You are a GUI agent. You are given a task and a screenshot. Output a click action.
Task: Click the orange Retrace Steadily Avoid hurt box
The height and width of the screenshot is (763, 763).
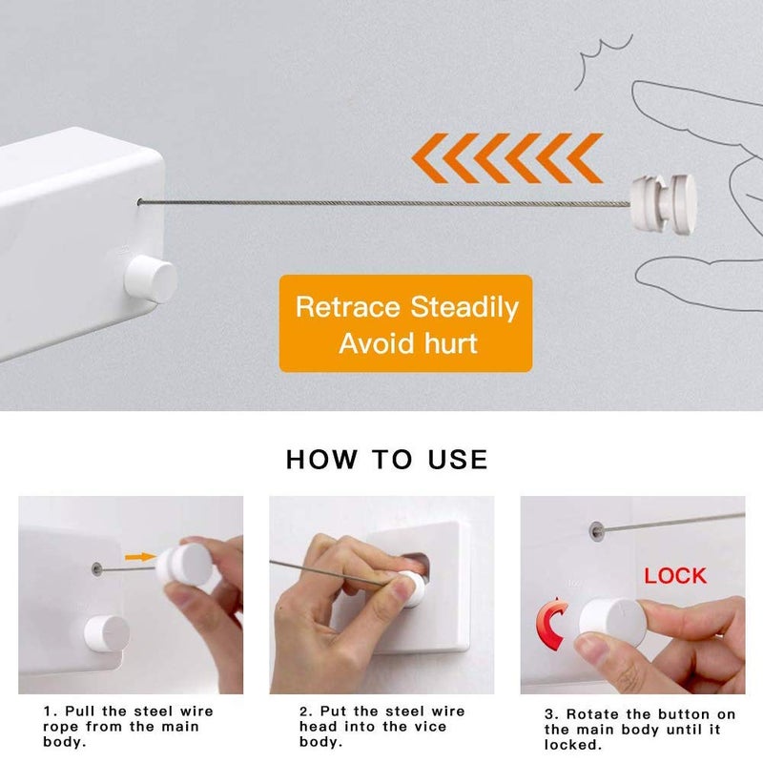click(x=405, y=323)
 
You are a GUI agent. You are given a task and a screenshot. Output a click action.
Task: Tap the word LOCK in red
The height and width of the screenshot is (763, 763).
click(x=674, y=576)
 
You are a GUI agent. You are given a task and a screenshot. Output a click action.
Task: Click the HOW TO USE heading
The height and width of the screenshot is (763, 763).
click(x=386, y=459)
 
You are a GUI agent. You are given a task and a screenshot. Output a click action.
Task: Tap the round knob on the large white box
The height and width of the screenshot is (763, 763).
click(x=153, y=278)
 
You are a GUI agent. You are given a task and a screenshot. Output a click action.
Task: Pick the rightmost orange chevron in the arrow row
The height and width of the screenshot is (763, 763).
click(x=582, y=158)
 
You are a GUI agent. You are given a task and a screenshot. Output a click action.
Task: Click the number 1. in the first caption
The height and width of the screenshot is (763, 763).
click(x=49, y=711)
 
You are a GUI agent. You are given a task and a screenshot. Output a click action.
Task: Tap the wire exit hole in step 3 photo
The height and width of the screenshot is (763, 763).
click(x=596, y=526)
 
